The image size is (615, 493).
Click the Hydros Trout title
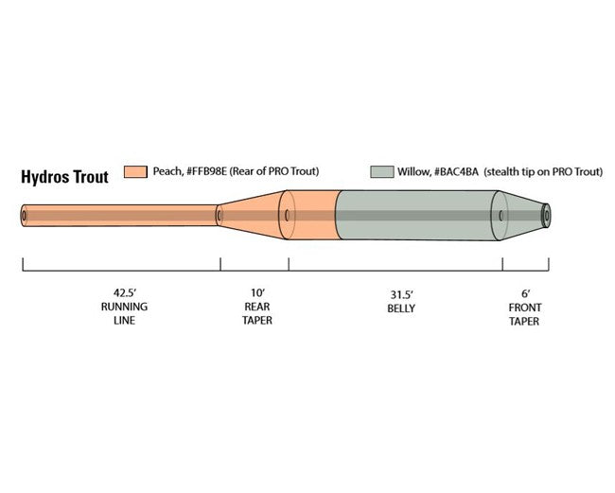[64, 177]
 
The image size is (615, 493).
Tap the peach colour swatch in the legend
[135, 172]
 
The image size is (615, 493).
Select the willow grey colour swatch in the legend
[382, 172]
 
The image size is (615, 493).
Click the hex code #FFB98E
[207, 171]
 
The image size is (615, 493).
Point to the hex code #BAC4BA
[456, 172]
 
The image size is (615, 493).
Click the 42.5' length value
[125, 292]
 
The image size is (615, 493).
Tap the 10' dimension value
[257, 292]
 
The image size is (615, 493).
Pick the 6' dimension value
[525, 293]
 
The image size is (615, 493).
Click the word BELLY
[401, 308]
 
